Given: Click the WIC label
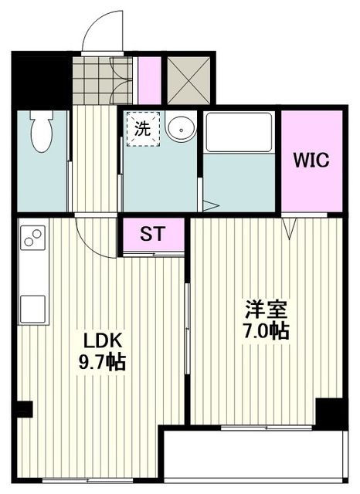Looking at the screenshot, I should pos(311,161).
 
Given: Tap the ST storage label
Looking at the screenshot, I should pos(152,235).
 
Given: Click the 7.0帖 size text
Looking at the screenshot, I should pos(267,332).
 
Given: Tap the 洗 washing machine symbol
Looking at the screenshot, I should pos(143,129).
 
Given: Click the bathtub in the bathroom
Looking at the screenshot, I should pos(239,133).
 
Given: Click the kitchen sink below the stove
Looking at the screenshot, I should pos(34,309).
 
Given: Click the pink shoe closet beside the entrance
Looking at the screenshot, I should pos(149,80).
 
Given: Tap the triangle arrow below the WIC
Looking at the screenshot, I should pos(290,226).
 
